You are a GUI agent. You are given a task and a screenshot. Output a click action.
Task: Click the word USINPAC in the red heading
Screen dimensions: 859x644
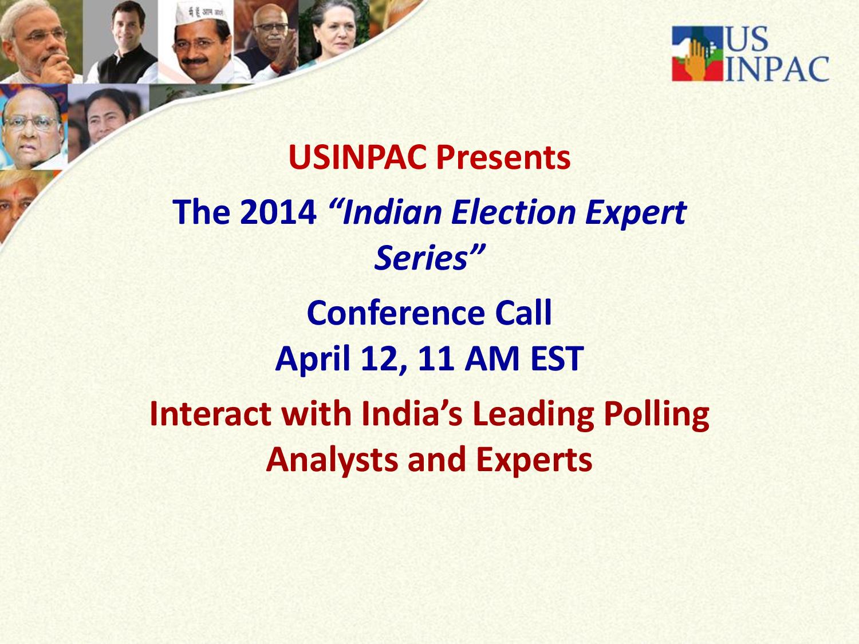(357, 157)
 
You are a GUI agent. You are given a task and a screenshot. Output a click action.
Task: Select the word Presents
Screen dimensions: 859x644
(503, 157)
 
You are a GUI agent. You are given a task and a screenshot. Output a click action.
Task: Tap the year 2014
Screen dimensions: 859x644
(278, 212)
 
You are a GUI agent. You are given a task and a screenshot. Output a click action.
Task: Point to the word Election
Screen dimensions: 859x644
(513, 212)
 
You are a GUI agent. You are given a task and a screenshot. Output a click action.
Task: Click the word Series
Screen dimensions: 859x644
(421, 258)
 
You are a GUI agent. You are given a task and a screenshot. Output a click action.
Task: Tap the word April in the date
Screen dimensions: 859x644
(312, 359)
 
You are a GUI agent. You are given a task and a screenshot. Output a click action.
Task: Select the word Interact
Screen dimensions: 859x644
(211, 414)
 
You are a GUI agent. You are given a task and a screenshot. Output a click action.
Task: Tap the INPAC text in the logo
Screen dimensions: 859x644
(777, 69)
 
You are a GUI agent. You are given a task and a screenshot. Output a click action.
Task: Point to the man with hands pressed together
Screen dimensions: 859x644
(266, 43)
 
